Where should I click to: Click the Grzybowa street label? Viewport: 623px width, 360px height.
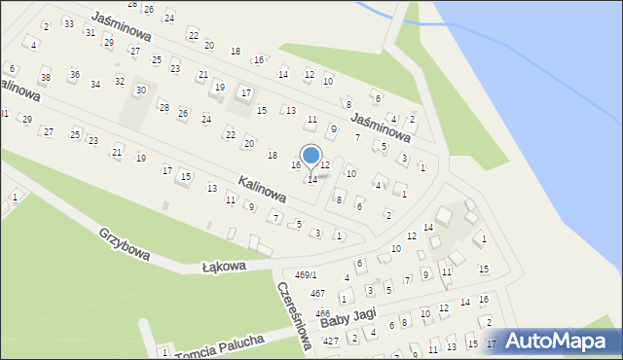coord(125,244)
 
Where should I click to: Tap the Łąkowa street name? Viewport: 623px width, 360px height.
coord(224,265)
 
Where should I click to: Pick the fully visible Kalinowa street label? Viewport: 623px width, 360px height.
coord(262,189)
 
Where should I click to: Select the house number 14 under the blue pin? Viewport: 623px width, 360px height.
coord(312,179)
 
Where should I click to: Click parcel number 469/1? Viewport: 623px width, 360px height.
coord(306,275)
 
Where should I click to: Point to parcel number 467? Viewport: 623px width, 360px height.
coord(317,293)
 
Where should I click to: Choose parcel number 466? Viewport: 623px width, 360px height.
coord(322,313)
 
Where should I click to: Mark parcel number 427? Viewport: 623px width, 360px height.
coord(331,341)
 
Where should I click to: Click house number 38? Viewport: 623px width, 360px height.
coord(45,77)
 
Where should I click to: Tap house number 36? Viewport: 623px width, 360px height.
coord(74,74)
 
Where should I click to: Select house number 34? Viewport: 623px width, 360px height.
coord(95,84)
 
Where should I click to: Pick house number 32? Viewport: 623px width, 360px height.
coord(119,82)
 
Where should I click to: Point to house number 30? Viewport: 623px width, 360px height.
coord(140,90)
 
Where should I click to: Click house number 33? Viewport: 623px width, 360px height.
coord(68,22)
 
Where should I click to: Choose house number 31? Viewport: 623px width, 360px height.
coord(90,32)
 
